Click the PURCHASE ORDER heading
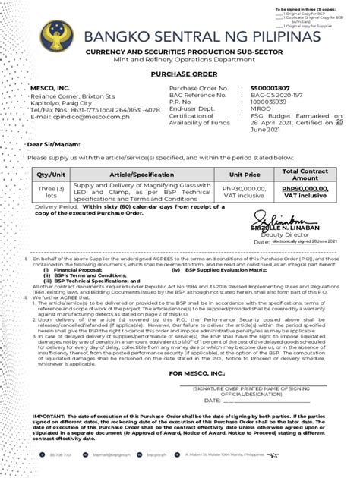[x=179, y=76]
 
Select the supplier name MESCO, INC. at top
[x=49, y=90]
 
